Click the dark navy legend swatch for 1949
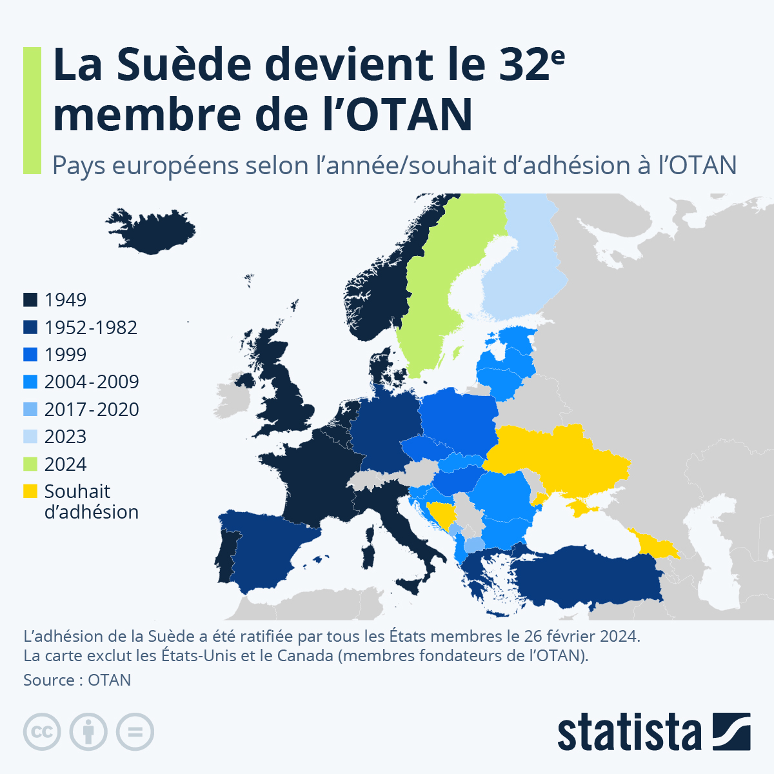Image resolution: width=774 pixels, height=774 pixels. tap(30, 300)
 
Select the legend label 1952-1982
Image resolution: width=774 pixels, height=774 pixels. tap(90, 328)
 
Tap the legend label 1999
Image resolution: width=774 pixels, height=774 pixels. tap(65, 355)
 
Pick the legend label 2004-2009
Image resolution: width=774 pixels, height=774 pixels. tap(92, 382)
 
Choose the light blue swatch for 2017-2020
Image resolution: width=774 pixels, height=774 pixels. tap(30, 410)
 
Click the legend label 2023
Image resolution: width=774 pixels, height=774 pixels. tap(65, 437)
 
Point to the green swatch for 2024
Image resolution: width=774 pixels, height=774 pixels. tap(30, 464)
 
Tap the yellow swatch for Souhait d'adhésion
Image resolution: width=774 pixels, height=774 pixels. tap(30, 491)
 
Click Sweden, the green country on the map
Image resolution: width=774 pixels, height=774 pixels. tap(439, 284)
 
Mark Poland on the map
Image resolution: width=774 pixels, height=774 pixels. tap(458, 419)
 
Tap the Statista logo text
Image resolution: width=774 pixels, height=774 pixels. tap(629, 732)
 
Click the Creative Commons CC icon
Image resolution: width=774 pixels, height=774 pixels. tap(42, 732)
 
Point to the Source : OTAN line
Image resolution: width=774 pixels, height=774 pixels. tap(77, 680)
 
